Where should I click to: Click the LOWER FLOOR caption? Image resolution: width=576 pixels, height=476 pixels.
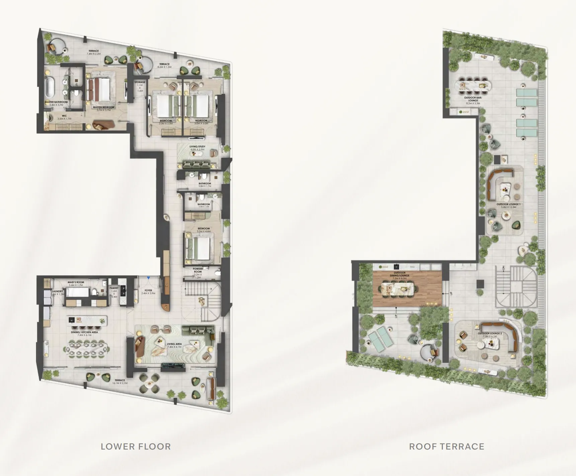pos(136,446)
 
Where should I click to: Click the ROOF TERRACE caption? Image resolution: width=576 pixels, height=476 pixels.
pos(446,446)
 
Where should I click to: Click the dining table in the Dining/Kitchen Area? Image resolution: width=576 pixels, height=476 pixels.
pos(88,347)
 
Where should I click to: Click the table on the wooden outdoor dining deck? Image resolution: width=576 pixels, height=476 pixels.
pos(401,288)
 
